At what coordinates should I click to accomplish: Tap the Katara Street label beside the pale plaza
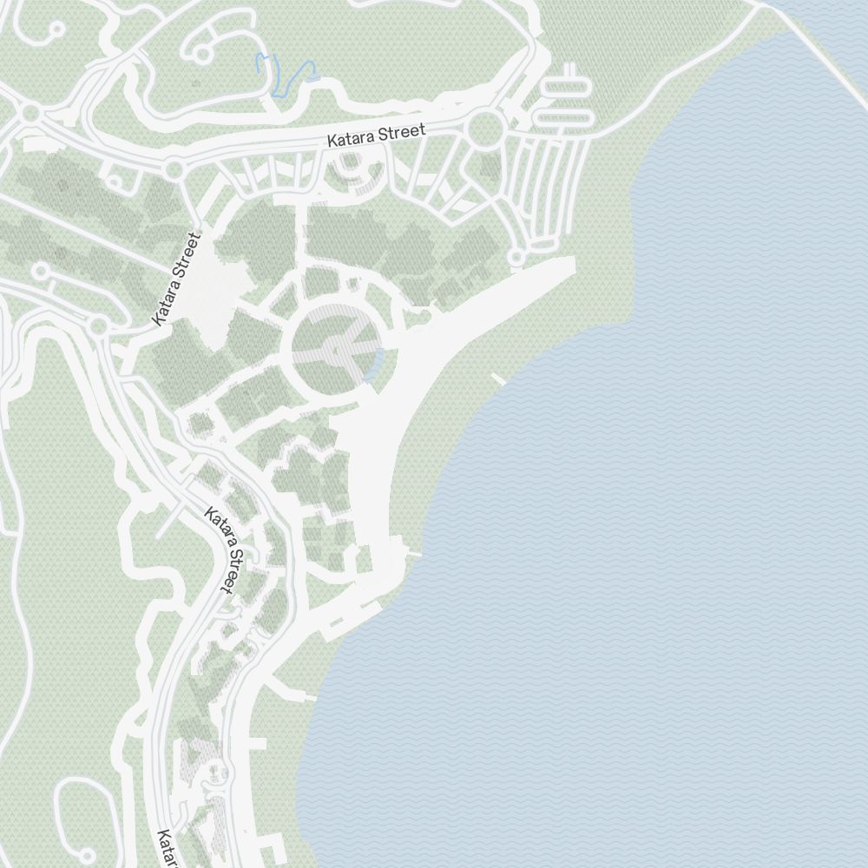coord(175,279)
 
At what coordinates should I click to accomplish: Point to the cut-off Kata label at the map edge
coord(166,850)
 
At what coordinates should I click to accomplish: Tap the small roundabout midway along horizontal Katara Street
coord(174,168)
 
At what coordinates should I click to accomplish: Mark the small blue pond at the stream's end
coord(312,76)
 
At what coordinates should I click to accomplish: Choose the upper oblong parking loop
coord(564,87)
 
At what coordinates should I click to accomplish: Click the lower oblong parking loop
coord(564,116)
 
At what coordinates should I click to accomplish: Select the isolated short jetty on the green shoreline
coord(498,378)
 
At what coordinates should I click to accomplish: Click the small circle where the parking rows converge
coord(516,257)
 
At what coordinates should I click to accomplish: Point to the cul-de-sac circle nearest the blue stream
coord(201,54)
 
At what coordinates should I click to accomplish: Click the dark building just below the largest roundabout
coord(490,167)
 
